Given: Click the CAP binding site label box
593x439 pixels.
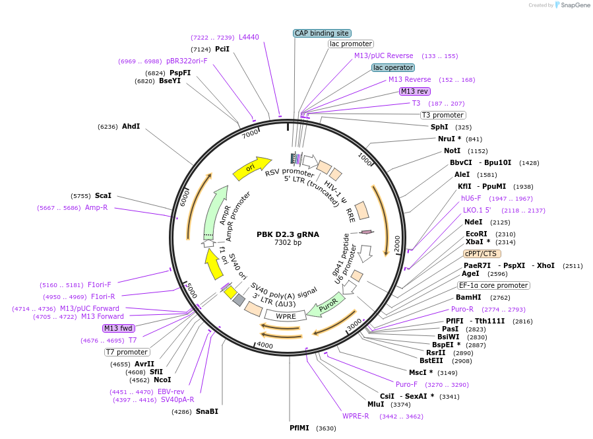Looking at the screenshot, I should click(322, 33).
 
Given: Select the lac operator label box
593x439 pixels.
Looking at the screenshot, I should click(393, 67).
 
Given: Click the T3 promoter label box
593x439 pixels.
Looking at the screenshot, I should click(443, 115).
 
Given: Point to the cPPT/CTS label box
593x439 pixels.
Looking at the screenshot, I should click(482, 253).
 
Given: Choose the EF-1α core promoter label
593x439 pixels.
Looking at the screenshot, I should click(494, 285).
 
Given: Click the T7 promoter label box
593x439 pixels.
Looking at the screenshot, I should click(127, 352).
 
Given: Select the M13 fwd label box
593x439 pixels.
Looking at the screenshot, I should click(119, 328).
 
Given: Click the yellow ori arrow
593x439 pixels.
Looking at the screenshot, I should click(252, 168).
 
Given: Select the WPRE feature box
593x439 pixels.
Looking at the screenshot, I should click(286, 316).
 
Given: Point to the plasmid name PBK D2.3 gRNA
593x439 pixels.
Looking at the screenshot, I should click(288, 234).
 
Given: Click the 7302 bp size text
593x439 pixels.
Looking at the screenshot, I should click(288, 243).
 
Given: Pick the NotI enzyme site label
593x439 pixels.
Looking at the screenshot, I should click(452, 151).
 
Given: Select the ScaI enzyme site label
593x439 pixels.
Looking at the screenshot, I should click(103, 195).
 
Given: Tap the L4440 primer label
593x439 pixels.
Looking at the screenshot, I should click(249, 37).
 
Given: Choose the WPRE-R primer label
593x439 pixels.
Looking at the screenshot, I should click(356, 416).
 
